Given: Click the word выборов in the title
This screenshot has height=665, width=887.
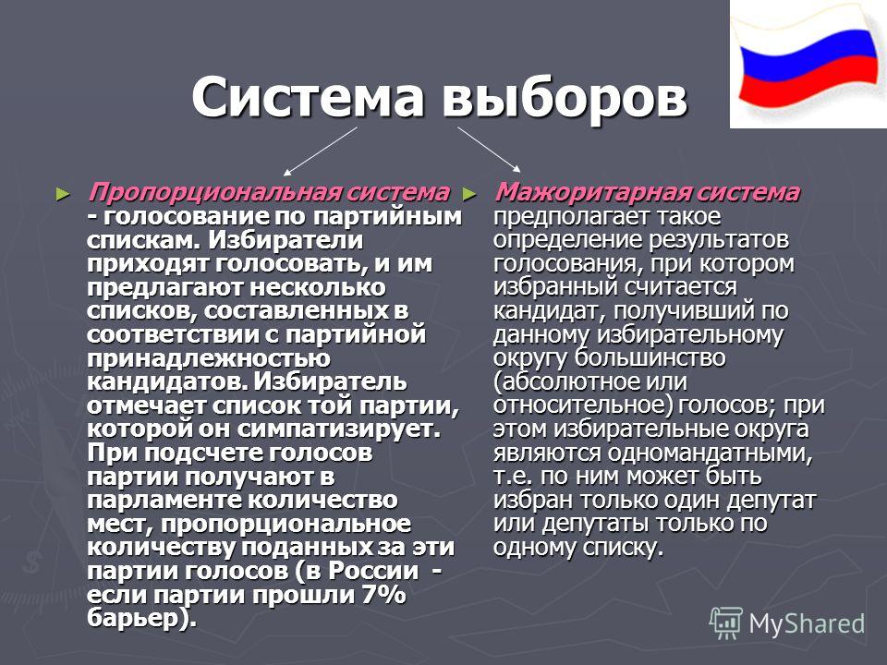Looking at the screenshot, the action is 565,97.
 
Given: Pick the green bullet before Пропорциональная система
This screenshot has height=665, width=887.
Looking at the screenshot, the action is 63,195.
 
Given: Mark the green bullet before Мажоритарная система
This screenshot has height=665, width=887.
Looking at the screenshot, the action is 469,195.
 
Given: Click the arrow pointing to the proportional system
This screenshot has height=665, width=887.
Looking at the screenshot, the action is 321,151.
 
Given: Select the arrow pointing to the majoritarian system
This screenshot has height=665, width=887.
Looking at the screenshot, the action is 490,150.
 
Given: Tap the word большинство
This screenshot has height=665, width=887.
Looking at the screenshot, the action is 650,357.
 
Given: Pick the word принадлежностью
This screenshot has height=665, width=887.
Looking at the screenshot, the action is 209,358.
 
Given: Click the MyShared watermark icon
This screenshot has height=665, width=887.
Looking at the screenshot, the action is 726,623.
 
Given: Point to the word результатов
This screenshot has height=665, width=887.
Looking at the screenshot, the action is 719,240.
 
